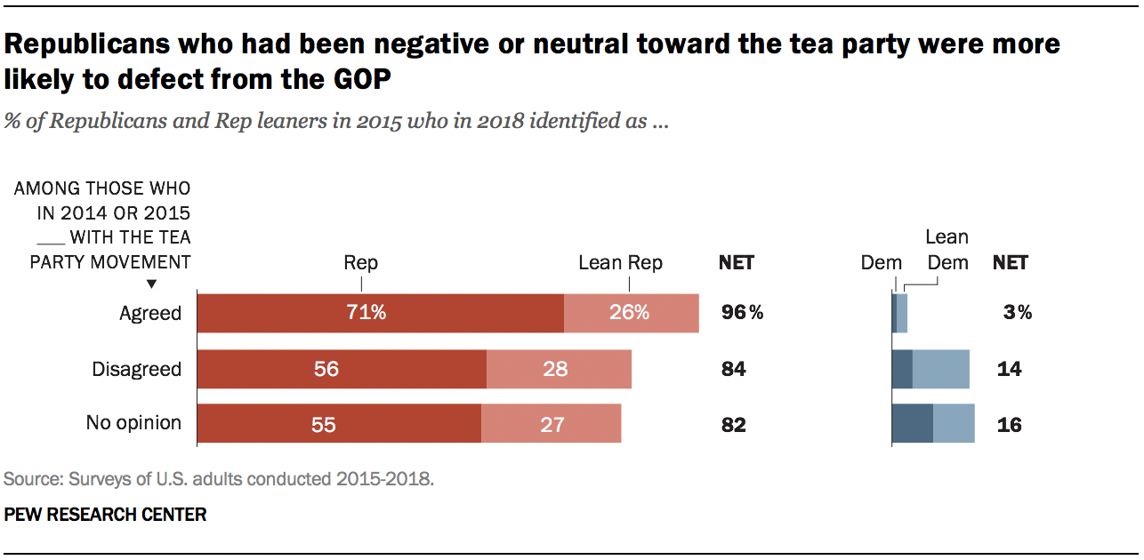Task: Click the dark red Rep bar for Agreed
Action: [381, 314]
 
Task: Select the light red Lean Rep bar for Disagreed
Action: [559, 369]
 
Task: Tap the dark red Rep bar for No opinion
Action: [339, 423]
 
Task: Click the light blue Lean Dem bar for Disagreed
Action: [941, 369]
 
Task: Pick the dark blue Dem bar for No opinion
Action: [913, 423]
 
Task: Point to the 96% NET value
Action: [742, 312]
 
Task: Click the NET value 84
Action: [733, 369]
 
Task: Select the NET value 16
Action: [1009, 425]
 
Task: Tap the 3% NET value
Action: [1018, 312]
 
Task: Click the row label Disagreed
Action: [136, 369]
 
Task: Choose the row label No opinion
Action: [133, 423]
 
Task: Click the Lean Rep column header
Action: [620, 263]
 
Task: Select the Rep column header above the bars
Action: [360, 263]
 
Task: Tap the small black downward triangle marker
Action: [151, 284]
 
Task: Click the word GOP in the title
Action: [362, 80]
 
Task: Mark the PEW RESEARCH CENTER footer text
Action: [105, 515]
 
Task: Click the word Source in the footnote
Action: [33, 479]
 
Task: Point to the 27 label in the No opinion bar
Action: [552, 425]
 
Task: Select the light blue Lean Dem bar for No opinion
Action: [954, 423]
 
